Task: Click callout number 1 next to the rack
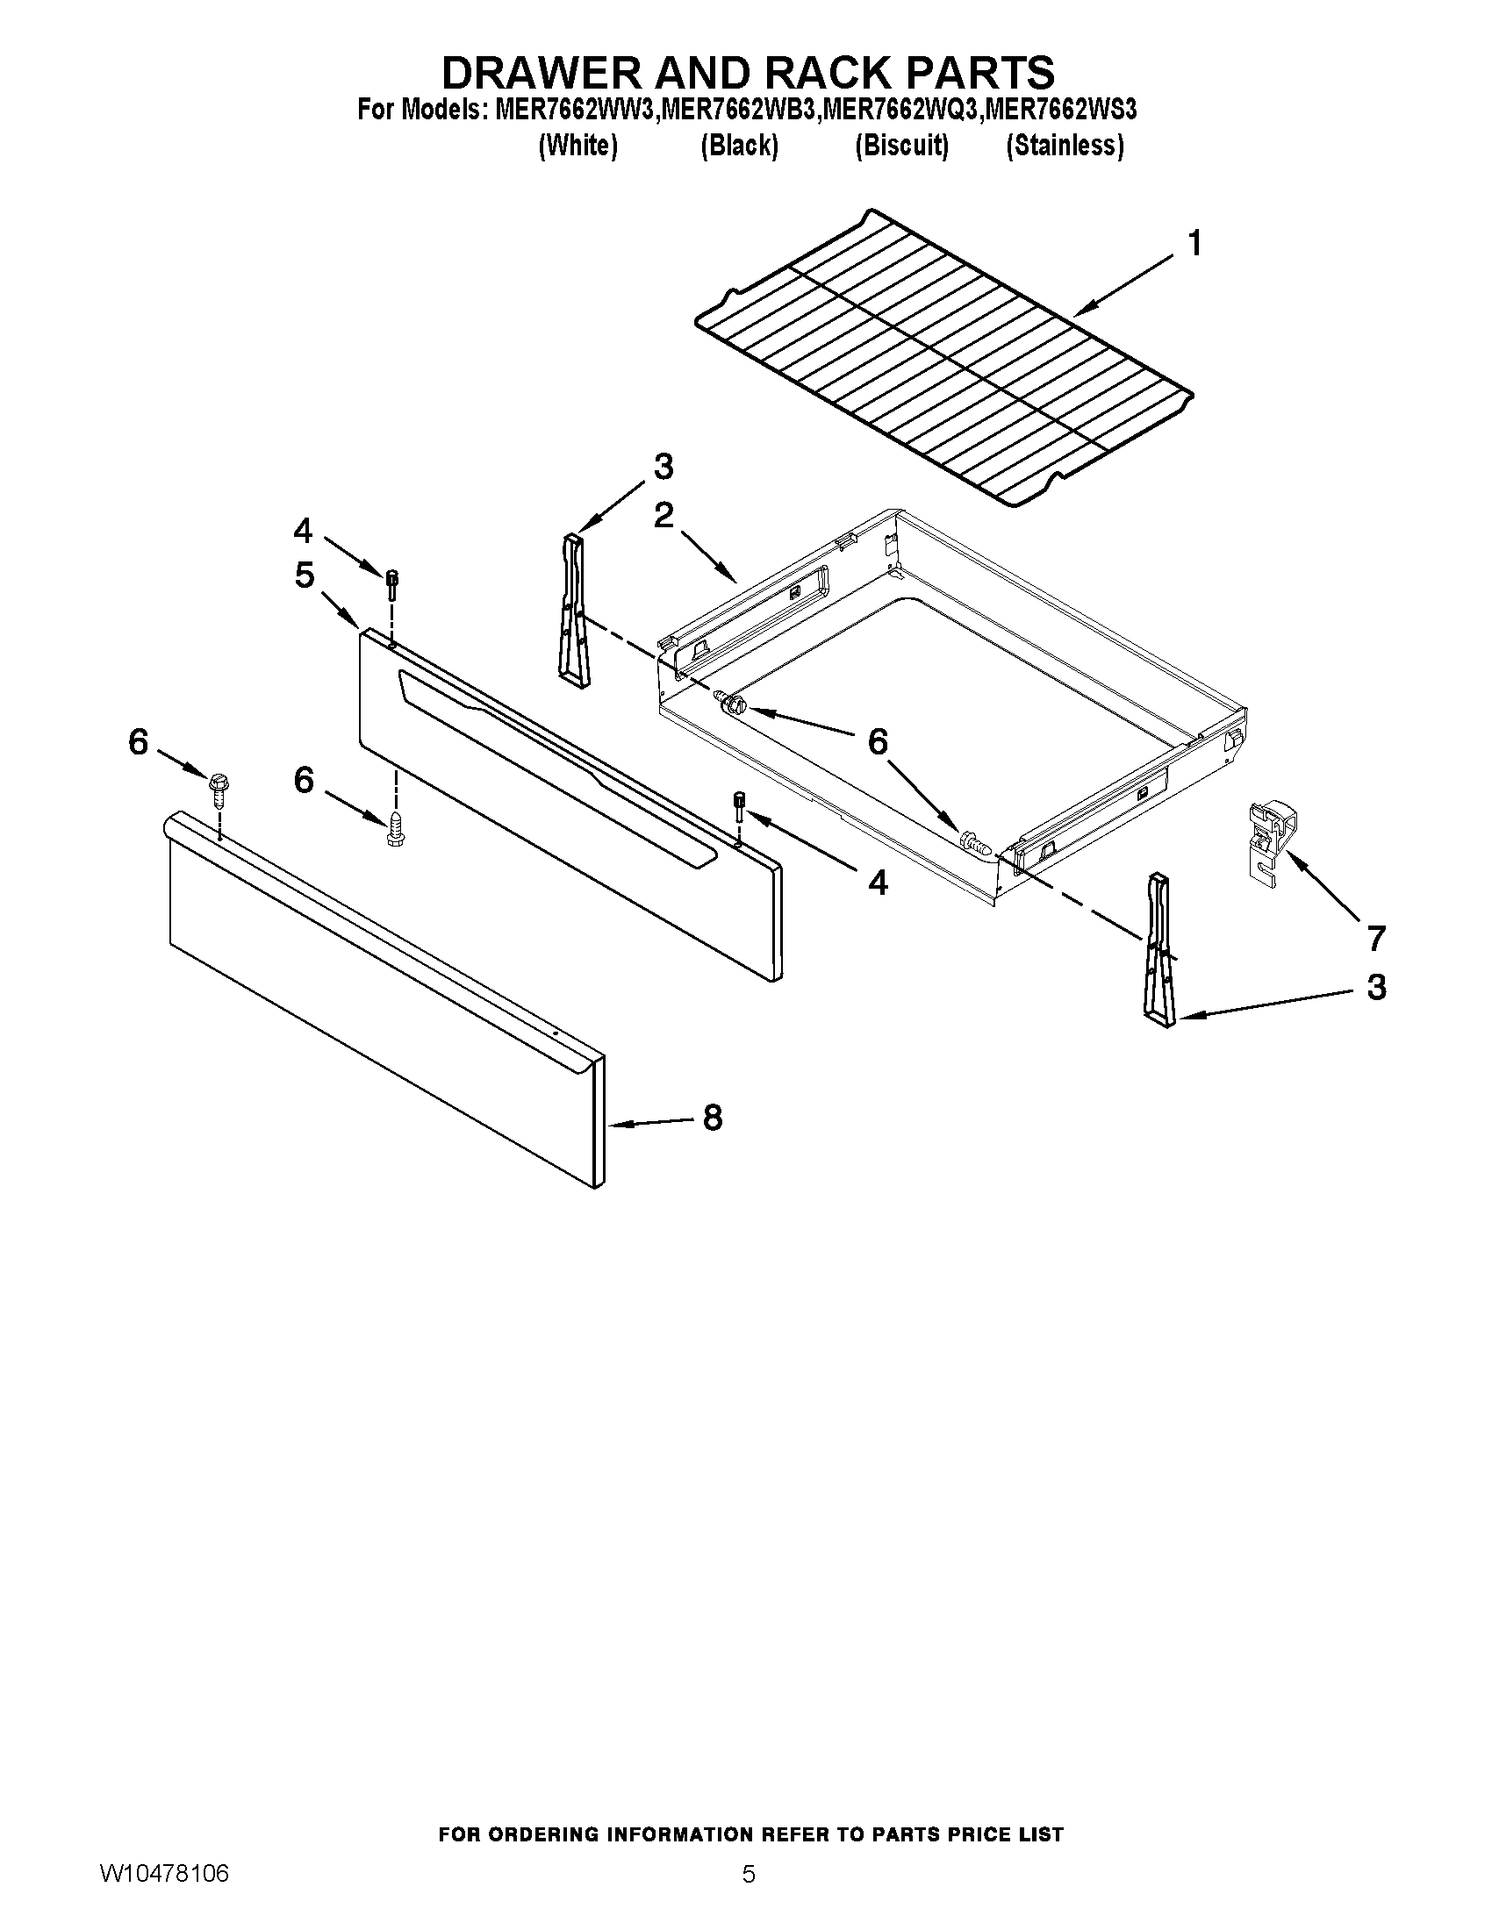point(1194,243)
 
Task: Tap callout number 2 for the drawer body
point(664,515)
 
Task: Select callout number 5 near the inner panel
point(304,575)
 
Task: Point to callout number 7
point(1375,938)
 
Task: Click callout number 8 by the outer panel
point(713,1118)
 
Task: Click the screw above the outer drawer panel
point(218,790)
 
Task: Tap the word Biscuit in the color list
point(900,146)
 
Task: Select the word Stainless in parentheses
point(1065,146)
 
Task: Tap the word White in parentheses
point(577,146)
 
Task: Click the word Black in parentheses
point(739,146)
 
